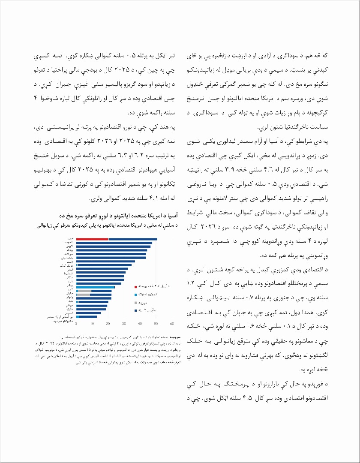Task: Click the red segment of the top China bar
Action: [92, 239]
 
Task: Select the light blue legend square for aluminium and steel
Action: [136, 295]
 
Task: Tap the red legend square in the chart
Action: [136, 286]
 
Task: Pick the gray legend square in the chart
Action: [136, 302]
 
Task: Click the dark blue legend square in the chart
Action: [136, 310]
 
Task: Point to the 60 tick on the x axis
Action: [172, 324]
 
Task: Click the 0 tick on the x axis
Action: [76, 324]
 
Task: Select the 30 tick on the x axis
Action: [124, 324]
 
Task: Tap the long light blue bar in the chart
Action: [95, 287]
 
